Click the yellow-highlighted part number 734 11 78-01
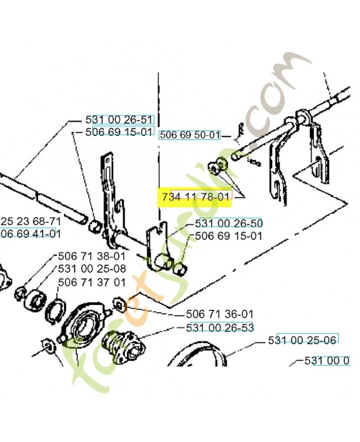(x=195, y=197)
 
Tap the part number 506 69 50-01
(x=189, y=134)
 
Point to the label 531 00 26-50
(x=229, y=223)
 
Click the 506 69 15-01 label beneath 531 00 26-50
(x=229, y=236)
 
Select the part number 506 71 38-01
(x=92, y=256)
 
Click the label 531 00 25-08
(x=92, y=269)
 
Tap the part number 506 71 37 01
(x=92, y=282)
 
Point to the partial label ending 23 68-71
(x=30, y=221)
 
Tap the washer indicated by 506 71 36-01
(x=118, y=303)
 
